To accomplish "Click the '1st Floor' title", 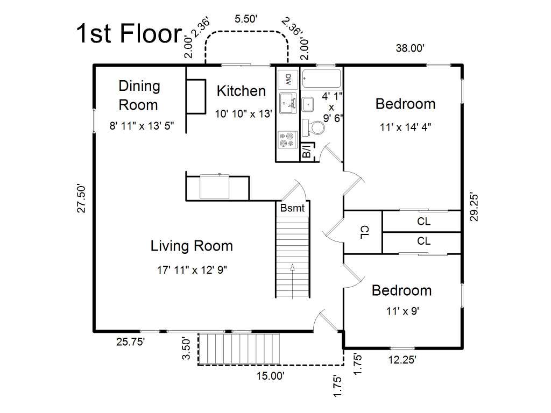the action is (x=129, y=33).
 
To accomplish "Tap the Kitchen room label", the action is (x=241, y=91).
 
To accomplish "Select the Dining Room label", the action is (x=139, y=96).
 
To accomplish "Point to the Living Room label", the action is (x=192, y=246).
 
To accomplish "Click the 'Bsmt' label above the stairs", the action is (x=292, y=208).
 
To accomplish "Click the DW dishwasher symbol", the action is (x=288, y=80).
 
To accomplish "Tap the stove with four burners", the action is (x=288, y=139).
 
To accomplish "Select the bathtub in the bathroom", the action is (x=322, y=79).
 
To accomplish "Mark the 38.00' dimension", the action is (x=409, y=48).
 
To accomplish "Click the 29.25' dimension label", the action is (x=474, y=207).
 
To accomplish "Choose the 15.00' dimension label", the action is (x=270, y=376).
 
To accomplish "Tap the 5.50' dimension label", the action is (x=246, y=19).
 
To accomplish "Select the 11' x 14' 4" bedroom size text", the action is (x=405, y=127).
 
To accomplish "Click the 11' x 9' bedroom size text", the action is (x=402, y=311).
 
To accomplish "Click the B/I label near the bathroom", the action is (x=307, y=151).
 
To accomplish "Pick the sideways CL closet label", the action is (x=365, y=232).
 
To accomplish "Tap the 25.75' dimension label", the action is (x=130, y=341).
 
